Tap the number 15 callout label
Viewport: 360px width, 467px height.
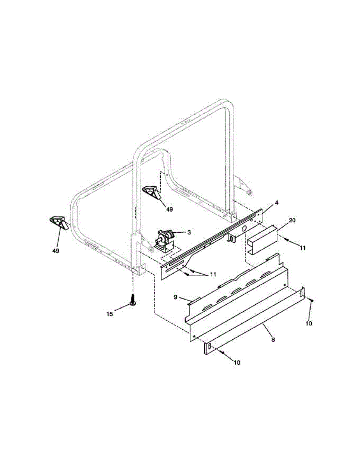point(110,314)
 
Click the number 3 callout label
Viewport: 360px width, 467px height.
point(189,232)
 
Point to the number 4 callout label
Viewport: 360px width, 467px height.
point(277,203)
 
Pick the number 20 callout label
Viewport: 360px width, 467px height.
point(292,220)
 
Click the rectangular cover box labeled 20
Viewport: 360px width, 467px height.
point(263,239)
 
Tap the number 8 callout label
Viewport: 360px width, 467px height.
point(273,340)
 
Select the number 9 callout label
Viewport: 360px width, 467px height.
point(176,297)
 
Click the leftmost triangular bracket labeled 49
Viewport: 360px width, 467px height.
point(58,223)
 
